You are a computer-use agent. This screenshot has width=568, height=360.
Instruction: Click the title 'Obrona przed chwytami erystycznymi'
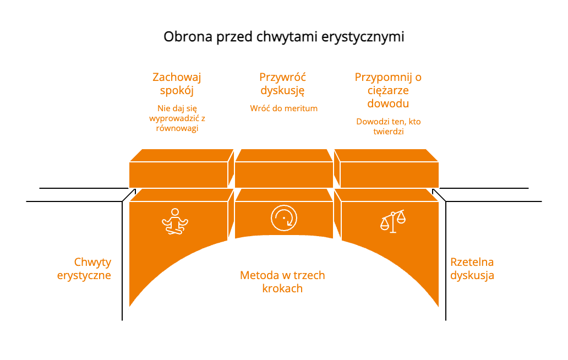[x=283, y=37]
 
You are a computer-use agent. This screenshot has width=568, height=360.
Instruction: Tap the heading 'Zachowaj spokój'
[x=177, y=84]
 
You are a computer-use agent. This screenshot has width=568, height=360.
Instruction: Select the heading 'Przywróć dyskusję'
[x=282, y=84]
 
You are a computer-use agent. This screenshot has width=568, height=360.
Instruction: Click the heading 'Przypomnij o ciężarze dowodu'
[x=388, y=90]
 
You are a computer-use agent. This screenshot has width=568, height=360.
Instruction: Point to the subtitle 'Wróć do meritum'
[x=283, y=108]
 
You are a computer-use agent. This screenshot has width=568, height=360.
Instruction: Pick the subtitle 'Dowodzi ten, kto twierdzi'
[x=389, y=127]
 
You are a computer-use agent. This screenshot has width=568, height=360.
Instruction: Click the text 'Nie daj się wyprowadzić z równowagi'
[x=177, y=118]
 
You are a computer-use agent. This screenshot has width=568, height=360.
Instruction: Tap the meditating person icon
[x=175, y=221]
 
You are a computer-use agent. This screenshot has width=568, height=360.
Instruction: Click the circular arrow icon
[x=284, y=218]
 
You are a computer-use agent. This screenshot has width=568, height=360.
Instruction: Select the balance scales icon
[x=392, y=221]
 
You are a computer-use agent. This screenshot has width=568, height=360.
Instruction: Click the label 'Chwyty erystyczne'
[x=84, y=269]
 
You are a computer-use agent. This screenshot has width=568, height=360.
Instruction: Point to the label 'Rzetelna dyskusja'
[x=472, y=269]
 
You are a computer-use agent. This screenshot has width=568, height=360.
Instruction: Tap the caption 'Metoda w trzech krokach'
[x=282, y=282]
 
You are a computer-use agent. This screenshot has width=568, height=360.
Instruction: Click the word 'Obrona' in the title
[x=188, y=36]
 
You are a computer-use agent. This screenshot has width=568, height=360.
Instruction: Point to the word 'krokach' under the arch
[x=282, y=288]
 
